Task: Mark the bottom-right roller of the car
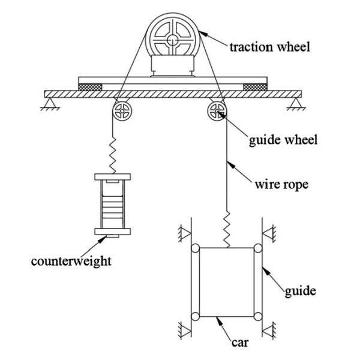tap(257, 316)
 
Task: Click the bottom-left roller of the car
tap(195, 316)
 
